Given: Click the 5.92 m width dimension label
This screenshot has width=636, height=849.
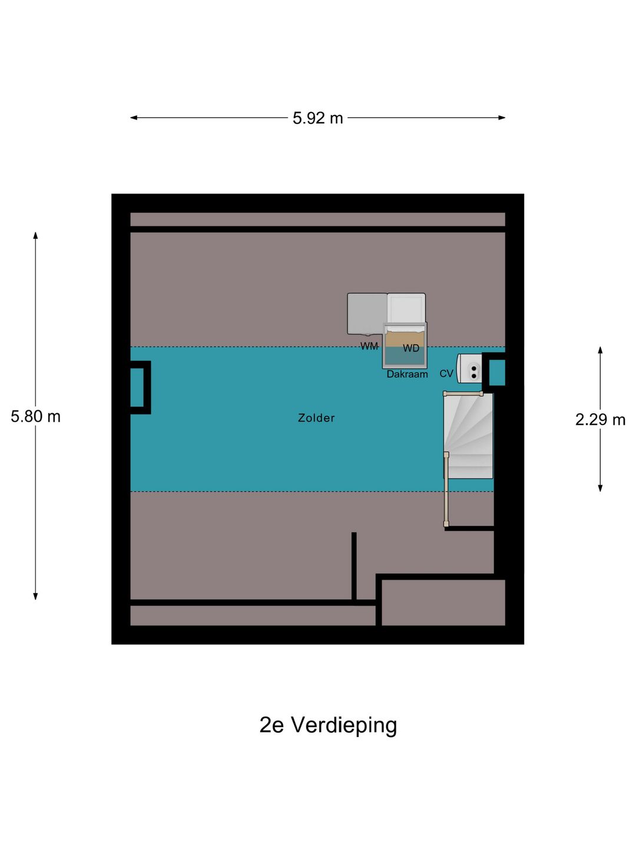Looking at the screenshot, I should pyautogui.click(x=317, y=118).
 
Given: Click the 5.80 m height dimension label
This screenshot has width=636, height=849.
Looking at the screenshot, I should pyautogui.click(x=35, y=416).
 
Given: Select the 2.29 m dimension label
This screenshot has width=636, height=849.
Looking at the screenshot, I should pyautogui.click(x=599, y=419).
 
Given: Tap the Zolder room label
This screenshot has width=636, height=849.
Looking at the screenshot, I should pyautogui.click(x=316, y=418).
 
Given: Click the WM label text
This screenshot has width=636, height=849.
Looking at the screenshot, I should pyautogui.click(x=369, y=346).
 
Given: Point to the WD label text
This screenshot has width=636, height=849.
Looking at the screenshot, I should pyautogui.click(x=411, y=348).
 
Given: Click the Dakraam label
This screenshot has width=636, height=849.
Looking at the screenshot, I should pyautogui.click(x=407, y=374).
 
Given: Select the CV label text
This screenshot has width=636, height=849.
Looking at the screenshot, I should pyautogui.click(x=446, y=374).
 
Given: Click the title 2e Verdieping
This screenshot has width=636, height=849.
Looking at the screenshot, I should pyautogui.click(x=328, y=725).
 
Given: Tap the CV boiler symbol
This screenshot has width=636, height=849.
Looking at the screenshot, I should pyautogui.click(x=471, y=369).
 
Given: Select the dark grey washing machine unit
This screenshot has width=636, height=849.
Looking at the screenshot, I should pyautogui.click(x=366, y=313).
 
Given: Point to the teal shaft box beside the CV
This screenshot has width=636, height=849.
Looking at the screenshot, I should pyautogui.click(x=496, y=372).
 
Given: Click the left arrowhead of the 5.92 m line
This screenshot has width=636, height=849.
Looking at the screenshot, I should pyautogui.click(x=134, y=118).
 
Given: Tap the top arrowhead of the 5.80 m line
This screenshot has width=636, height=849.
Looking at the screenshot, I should pyautogui.click(x=35, y=235).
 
